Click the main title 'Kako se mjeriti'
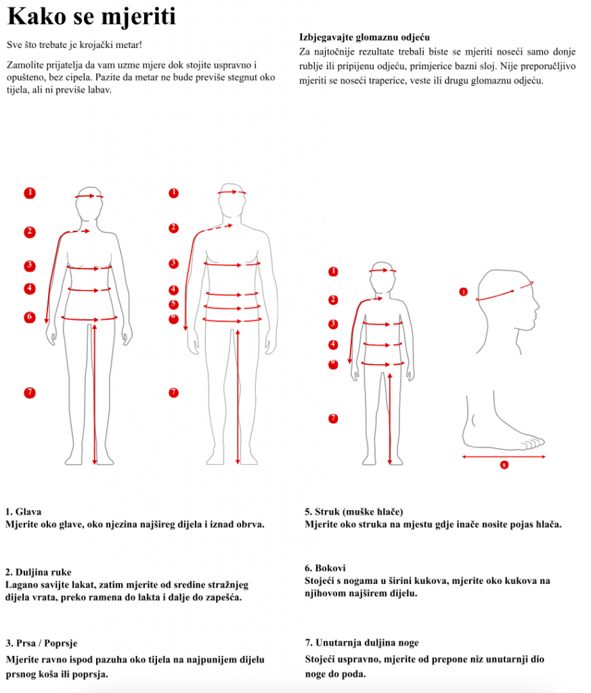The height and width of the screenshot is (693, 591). (91, 16)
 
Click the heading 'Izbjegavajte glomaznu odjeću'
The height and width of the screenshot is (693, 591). (364, 37)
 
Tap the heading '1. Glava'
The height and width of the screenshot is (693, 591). (24, 512)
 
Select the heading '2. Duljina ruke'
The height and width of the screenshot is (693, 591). (39, 573)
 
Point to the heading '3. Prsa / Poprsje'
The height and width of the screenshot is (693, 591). (41, 643)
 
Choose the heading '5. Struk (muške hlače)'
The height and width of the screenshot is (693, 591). (353, 512)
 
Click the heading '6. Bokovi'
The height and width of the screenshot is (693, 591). (325, 568)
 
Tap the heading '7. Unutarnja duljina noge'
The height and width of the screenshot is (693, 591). (362, 643)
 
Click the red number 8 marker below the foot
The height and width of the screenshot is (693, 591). (504, 465)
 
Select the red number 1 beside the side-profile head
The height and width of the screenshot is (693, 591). (463, 292)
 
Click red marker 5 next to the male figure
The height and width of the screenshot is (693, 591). (174, 305)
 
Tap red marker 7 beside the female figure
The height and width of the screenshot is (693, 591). (30, 393)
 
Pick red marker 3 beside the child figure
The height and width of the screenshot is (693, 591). (333, 324)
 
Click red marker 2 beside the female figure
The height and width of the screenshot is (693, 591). (30, 232)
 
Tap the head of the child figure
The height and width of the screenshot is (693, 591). (382, 277)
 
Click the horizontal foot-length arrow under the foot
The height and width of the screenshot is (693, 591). (504, 457)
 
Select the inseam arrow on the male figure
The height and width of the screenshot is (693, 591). (238, 397)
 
